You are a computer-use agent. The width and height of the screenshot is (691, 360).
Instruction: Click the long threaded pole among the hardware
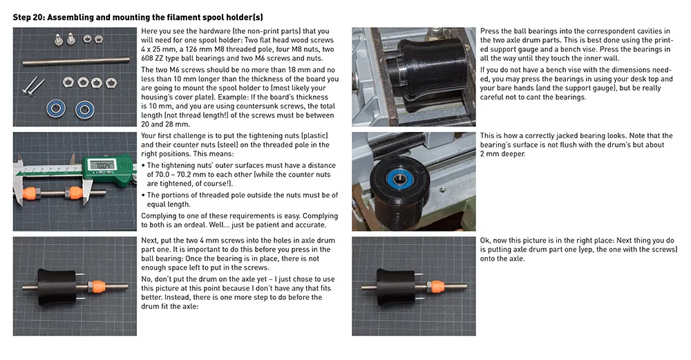click(x=76, y=61)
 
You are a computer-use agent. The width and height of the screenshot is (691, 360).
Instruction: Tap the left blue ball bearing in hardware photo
click(x=56, y=108)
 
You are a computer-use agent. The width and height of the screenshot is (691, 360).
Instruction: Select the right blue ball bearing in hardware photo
click(x=84, y=109)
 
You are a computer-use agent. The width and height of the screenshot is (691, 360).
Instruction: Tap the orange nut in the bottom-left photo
click(x=97, y=287)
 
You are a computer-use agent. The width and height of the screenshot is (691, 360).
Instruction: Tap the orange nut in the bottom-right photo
click(x=436, y=287)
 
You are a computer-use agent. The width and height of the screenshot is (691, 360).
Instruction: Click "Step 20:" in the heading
click(x=28, y=18)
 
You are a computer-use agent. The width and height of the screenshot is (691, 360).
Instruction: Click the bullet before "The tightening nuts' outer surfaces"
click(x=143, y=166)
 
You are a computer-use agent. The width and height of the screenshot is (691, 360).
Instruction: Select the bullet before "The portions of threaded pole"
click(x=143, y=196)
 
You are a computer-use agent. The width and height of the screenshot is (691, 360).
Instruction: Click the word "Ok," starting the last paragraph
click(x=486, y=240)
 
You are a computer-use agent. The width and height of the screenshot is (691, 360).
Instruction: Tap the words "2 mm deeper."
click(x=503, y=154)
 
